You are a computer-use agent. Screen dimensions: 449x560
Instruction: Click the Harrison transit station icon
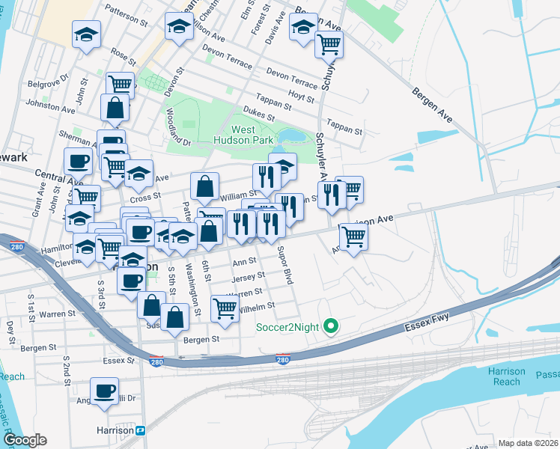[x=140, y=430]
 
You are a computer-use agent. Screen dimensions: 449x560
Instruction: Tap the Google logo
[x=24, y=441]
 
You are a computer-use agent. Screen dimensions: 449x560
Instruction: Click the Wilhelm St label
[x=256, y=306]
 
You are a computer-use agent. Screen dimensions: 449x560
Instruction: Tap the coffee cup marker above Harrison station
[x=104, y=391]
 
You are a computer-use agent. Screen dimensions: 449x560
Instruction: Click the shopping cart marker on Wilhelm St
[x=224, y=307]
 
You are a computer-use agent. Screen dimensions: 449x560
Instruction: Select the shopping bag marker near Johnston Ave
[x=115, y=108]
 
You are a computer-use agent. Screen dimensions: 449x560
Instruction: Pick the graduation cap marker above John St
[x=86, y=34]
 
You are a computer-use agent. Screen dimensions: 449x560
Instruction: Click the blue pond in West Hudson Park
[x=289, y=136]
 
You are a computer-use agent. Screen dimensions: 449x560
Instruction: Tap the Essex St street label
[x=121, y=360]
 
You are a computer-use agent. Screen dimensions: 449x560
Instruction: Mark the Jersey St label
[x=243, y=278]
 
